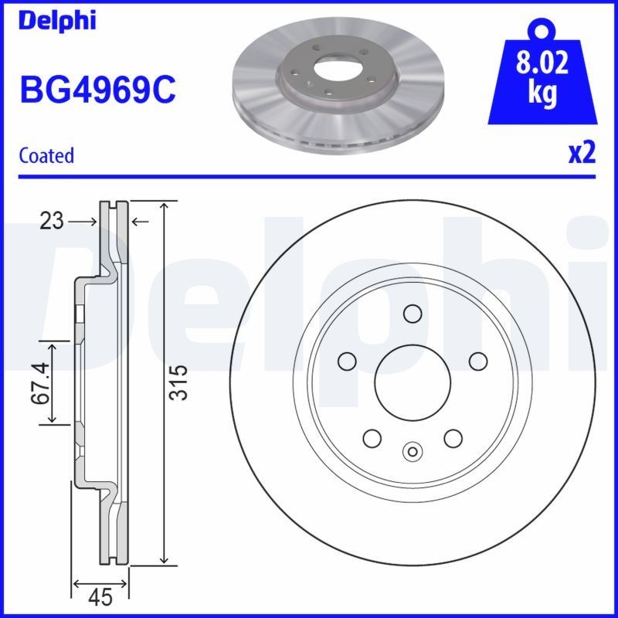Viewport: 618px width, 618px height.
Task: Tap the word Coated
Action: point(46,155)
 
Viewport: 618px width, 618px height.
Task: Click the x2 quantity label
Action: point(582,154)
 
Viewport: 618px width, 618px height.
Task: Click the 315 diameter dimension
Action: point(179,382)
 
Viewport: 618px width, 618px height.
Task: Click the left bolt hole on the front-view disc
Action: point(347,361)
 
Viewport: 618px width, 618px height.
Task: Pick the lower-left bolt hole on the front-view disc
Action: point(372,438)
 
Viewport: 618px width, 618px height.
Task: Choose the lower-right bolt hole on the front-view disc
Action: point(453,438)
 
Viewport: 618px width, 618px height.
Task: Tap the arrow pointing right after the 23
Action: point(83,222)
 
